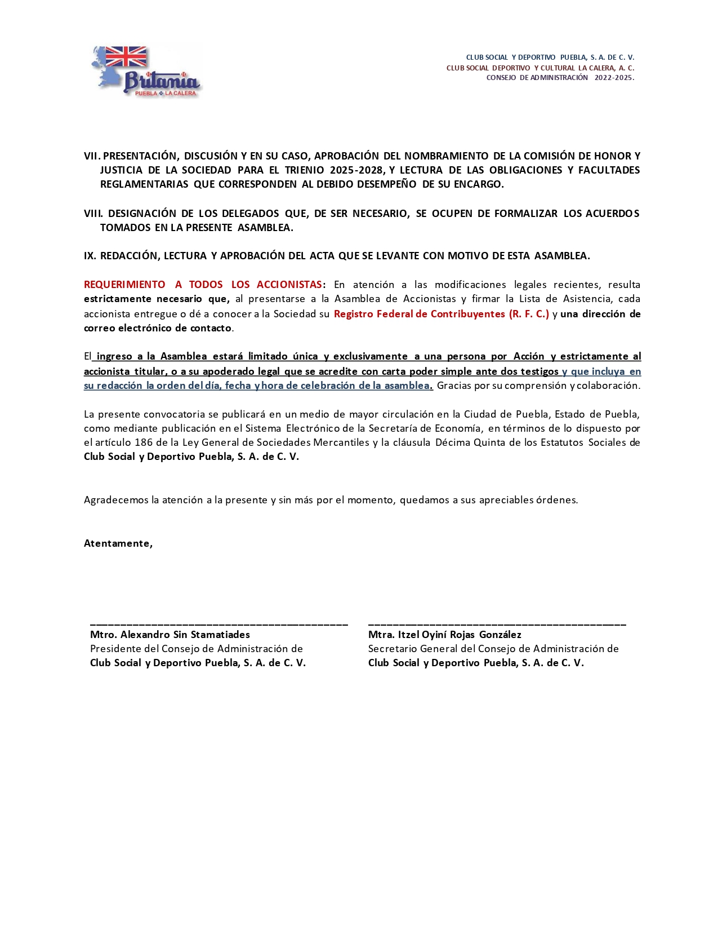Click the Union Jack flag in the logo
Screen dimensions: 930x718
[126, 57]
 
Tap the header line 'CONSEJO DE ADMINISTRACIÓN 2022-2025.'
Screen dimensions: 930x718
[560, 78]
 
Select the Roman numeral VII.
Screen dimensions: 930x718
[91, 156]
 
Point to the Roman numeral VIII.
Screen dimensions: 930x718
[93, 214]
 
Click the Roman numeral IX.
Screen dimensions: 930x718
[90, 256]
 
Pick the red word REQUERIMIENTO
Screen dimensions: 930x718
[124, 285]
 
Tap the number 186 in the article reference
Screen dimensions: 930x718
[143, 442]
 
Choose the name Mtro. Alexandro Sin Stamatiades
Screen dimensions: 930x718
[170, 635]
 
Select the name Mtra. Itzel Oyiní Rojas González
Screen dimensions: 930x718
[444, 635]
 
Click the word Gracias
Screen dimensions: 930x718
[454, 386]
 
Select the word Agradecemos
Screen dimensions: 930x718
[116, 500]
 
